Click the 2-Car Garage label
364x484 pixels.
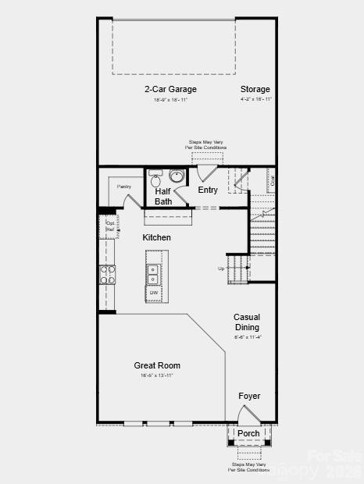[170, 89]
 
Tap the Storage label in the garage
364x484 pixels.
[255, 89]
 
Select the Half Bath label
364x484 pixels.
[163, 196]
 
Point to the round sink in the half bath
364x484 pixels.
[177, 175]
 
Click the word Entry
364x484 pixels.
[208, 190]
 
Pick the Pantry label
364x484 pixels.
[124, 187]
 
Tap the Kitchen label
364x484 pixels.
[156, 237]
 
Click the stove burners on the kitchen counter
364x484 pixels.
[108, 275]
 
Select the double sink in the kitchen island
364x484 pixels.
[154, 275]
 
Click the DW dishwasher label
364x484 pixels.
[154, 293]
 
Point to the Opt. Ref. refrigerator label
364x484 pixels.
[110, 227]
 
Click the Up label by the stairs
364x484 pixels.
[222, 269]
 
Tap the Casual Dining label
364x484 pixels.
[248, 322]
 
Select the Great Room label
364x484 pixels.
[157, 365]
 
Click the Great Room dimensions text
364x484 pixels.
[157, 376]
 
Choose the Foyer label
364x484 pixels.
[249, 397]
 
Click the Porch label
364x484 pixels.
[248, 433]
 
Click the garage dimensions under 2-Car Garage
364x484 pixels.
[170, 99]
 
